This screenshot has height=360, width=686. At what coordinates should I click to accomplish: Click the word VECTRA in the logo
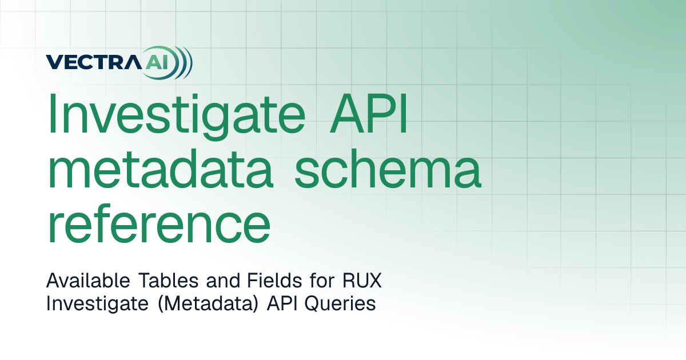(94, 62)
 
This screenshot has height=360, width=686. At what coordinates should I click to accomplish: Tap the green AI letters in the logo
(157, 62)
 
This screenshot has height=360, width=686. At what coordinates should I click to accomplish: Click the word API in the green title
(369, 113)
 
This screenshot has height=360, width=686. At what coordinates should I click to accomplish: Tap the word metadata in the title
(161, 168)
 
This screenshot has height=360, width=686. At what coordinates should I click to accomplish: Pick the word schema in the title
(388, 168)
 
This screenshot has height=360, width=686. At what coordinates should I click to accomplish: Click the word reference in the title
(159, 223)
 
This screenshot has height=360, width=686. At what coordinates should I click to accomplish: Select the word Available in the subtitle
(88, 280)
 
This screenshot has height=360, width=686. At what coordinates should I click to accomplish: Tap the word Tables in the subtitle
(169, 280)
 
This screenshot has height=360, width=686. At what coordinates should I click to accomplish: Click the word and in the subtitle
(223, 281)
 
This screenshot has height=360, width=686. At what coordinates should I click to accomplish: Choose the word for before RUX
(322, 280)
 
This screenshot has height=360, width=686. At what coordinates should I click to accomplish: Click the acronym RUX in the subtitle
(362, 280)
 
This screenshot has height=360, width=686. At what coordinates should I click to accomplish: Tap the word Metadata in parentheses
(208, 304)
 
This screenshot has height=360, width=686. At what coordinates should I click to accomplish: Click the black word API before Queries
(282, 303)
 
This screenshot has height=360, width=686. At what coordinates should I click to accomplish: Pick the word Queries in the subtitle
(340, 304)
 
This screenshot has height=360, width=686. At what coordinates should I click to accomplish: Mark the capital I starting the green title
(52, 113)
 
